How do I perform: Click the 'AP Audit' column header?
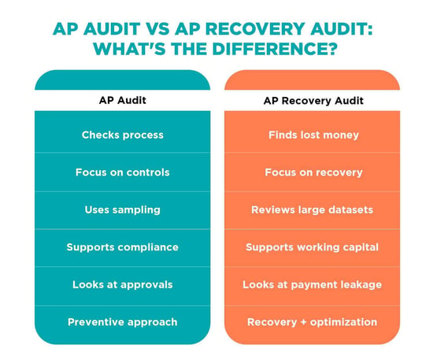(122, 100)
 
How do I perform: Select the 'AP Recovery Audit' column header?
(313, 101)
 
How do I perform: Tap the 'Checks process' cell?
(122, 135)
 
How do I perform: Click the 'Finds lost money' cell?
(313, 135)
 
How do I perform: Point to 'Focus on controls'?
(122, 173)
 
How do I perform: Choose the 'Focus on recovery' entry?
(313, 173)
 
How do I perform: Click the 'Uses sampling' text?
(122, 210)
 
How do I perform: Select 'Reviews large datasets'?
(312, 210)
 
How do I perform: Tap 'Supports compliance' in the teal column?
(122, 247)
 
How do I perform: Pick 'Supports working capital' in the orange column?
(312, 247)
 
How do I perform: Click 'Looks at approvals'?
(122, 284)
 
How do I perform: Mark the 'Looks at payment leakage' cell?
(312, 284)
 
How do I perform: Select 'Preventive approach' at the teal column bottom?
(122, 322)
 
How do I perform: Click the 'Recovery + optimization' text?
(312, 322)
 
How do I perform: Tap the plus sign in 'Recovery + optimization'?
(303, 322)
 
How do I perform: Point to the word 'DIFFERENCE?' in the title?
(275, 49)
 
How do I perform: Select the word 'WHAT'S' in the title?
(130, 49)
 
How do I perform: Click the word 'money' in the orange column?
(341, 135)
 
